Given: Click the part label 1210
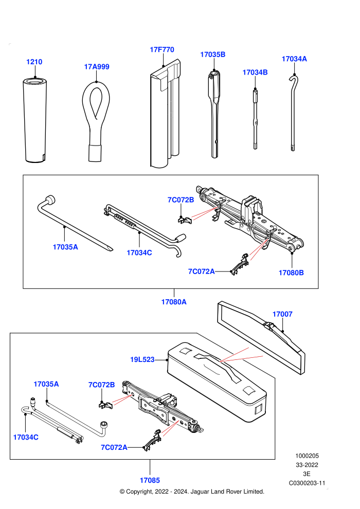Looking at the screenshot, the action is click(x=34, y=62).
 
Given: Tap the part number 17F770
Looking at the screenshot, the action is click(x=162, y=50).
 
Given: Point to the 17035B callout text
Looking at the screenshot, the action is click(x=212, y=54).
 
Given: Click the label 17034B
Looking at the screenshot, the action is click(x=255, y=72).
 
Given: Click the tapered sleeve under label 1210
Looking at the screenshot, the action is click(x=35, y=120).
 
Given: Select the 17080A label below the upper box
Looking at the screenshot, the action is click(x=174, y=302).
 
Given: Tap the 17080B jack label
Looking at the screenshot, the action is click(x=291, y=272).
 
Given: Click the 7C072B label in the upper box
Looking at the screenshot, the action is click(x=181, y=199).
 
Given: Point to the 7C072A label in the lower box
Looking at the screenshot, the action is click(x=114, y=447).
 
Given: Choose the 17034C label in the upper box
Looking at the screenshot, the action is click(x=139, y=252).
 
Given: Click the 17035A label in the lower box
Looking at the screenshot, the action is click(x=46, y=384).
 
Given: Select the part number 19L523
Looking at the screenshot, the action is click(x=142, y=360).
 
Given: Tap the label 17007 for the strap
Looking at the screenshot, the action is click(x=282, y=314).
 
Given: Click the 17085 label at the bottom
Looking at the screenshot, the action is click(x=150, y=480).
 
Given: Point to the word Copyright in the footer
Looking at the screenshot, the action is click(x=139, y=492).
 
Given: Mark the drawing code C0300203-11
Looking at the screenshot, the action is click(x=307, y=483).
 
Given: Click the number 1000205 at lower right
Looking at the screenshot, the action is click(x=307, y=456).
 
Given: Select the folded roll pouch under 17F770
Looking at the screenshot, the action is click(x=165, y=114).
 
